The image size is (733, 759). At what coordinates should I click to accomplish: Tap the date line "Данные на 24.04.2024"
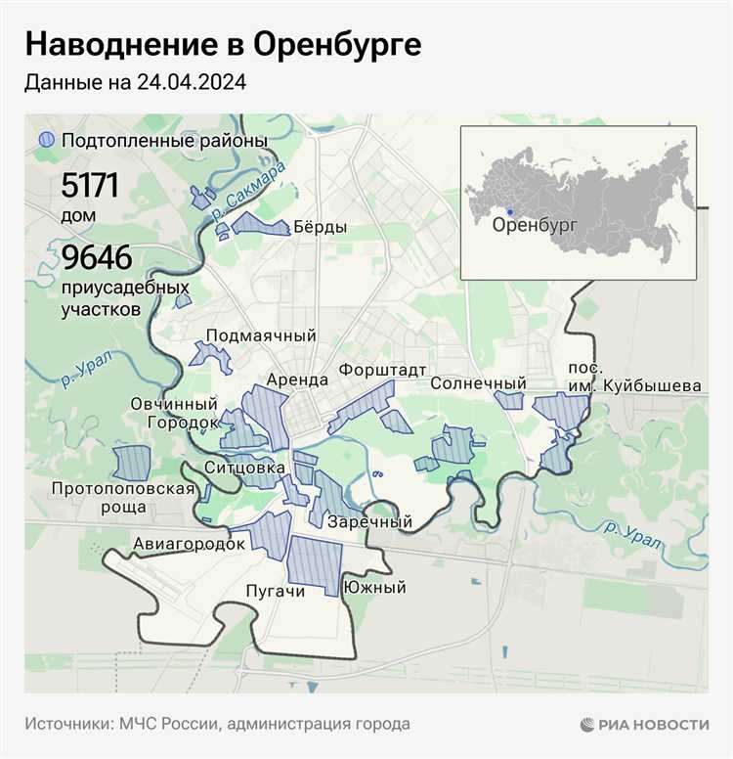tap(135, 83)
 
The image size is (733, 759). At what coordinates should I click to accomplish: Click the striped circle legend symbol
tap(45, 141)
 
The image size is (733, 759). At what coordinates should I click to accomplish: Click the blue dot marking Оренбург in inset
tap(510, 211)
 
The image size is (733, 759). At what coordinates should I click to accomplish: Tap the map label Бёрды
tap(320, 228)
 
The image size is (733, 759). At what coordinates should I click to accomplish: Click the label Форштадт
tap(383, 371)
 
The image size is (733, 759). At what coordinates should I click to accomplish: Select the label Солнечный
tap(478, 383)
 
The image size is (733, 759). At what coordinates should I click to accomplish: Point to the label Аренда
tap(297, 379)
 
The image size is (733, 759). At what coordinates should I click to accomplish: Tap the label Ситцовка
tap(244, 469)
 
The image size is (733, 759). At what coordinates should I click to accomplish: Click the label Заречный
tap(369, 522)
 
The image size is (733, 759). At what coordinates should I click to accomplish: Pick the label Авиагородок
tap(188, 544)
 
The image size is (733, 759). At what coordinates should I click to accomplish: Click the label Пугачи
tap(276, 591)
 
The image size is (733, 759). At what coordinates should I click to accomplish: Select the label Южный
tap(374, 588)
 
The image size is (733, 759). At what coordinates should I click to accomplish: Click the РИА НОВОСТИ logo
tap(644, 724)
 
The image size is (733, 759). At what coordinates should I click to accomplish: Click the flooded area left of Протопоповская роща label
tap(129, 463)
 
